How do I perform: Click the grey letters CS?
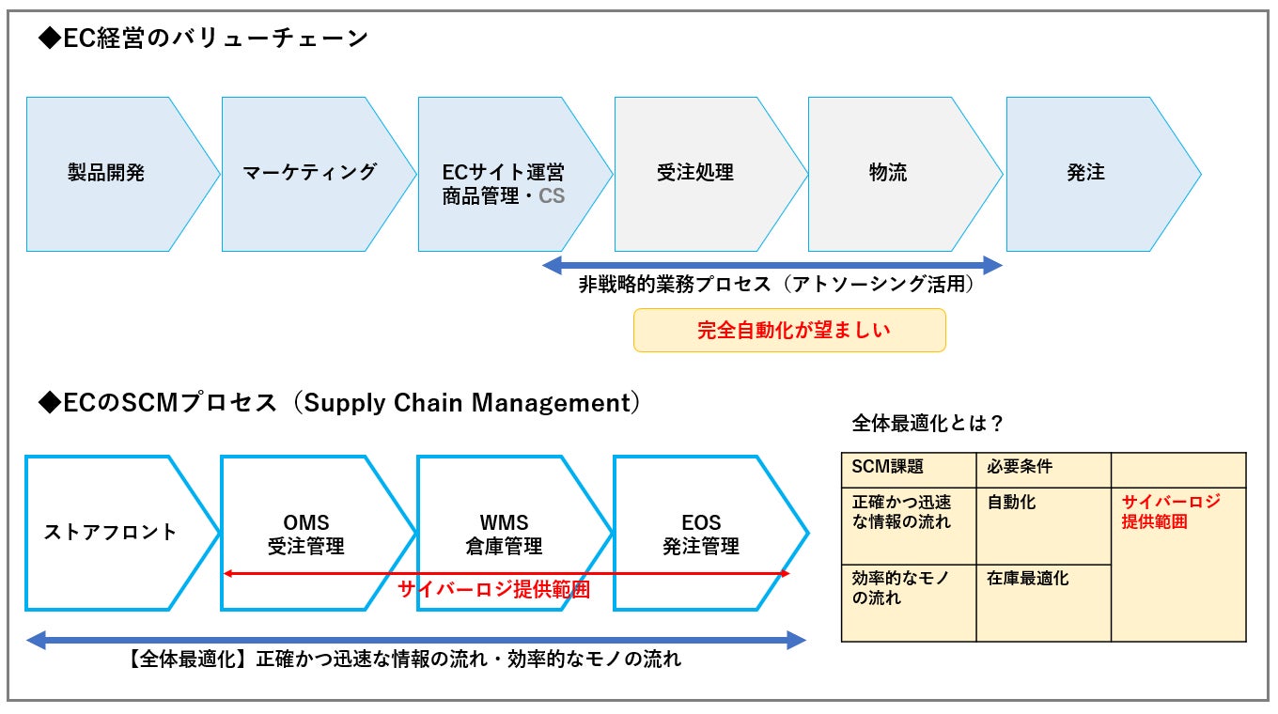(x=552, y=196)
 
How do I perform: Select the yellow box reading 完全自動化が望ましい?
(x=789, y=330)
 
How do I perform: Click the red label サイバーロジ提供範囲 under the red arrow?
(x=493, y=589)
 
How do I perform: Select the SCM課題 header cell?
(x=909, y=471)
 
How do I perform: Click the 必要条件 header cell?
(x=1043, y=471)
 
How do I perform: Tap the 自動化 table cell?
(x=1043, y=526)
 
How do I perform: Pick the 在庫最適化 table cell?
(x=1043, y=603)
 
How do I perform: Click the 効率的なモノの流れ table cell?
(x=909, y=603)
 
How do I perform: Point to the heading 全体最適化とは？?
(x=927, y=423)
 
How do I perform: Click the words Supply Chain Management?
(x=467, y=403)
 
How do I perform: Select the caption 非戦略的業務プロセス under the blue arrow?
(x=675, y=284)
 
